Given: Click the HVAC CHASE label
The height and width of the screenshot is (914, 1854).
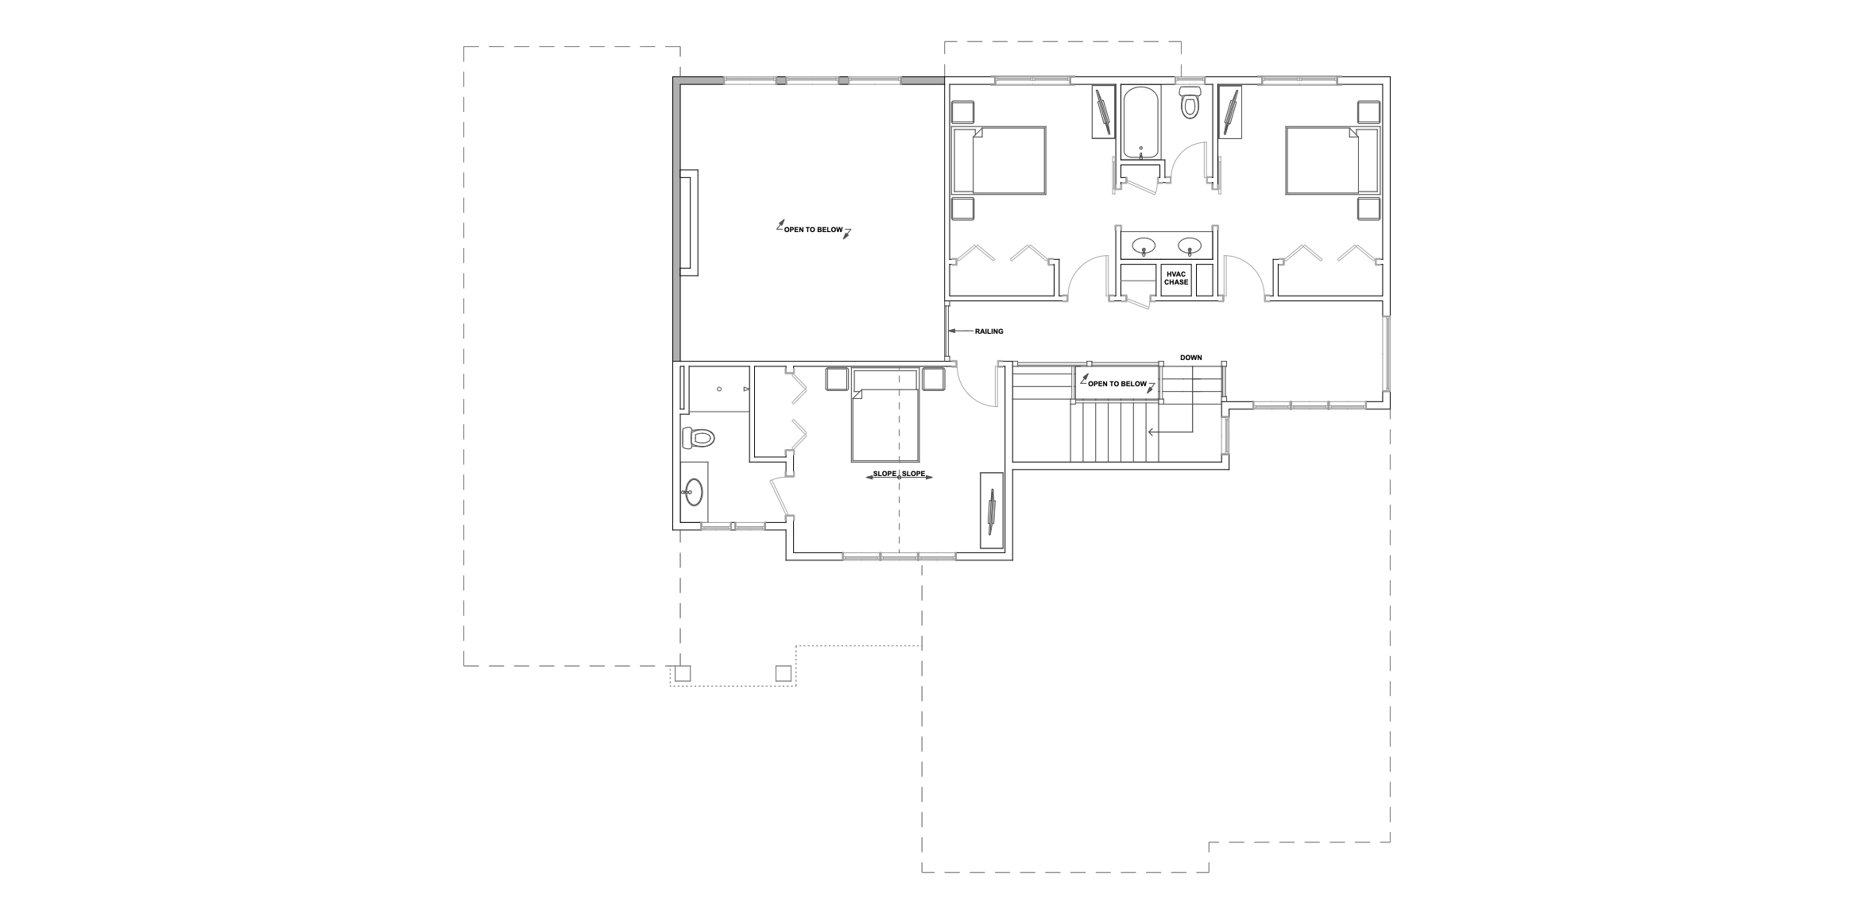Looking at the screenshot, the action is pyautogui.click(x=1176, y=278).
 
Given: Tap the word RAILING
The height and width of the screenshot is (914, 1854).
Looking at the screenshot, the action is pyautogui.click(x=989, y=331).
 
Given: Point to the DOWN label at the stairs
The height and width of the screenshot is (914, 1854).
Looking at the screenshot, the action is pyautogui.click(x=1190, y=358).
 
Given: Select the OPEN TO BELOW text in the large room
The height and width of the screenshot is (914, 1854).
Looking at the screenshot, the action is pyautogui.click(x=813, y=230).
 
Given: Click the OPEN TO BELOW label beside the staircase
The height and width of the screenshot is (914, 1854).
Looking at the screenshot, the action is pyautogui.click(x=1117, y=384).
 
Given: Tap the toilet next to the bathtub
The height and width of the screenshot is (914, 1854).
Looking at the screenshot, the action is pyautogui.click(x=1189, y=102).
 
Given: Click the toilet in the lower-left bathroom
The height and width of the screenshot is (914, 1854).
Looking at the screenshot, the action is pyautogui.click(x=699, y=436).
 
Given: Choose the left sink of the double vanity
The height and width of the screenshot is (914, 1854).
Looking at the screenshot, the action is pyautogui.click(x=1144, y=245).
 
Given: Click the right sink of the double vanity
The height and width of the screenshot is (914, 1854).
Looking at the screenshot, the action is pyautogui.click(x=1190, y=245).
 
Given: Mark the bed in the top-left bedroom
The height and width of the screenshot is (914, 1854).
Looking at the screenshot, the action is pyautogui.click(x=999, y=159).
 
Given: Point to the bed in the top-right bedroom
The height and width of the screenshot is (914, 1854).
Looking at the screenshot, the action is pyautogui.click(x=1332, y=159).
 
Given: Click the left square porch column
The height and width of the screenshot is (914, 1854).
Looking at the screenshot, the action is pyautogui.click(x=682, y=673).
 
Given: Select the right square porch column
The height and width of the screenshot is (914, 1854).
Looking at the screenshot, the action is pyautogui.click(x=784, y=673).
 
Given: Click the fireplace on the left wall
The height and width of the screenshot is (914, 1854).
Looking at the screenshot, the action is pyautogui.click(x=688, y=223).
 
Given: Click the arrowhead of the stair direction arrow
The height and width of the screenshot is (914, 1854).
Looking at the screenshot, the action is pyautogui.click(x=1148, y=432).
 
